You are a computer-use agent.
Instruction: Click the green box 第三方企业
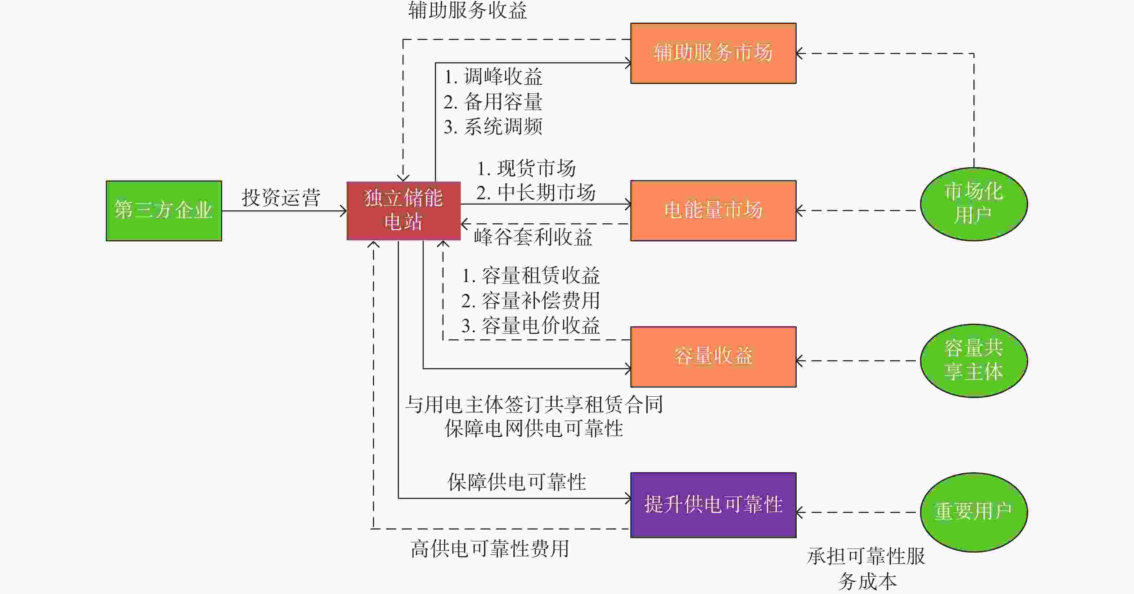tap(164, 210)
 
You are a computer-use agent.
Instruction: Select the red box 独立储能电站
tap(404, 210)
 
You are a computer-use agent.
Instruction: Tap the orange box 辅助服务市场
tap(713, 53)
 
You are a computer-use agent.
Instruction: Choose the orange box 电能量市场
tap(713, 210)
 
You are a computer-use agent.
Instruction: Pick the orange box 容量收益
tap(713, 357)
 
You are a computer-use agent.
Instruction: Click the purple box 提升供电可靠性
tap(713, 505)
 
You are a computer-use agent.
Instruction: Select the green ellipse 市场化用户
tap(974, 204)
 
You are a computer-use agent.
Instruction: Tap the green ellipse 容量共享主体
tap(974, 361)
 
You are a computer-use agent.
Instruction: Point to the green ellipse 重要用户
tap(974, 512)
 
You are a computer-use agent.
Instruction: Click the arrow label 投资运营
tap(281, 198)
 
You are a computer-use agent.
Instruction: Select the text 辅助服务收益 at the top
tap(468, 10)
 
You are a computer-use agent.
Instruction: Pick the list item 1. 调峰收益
tap(493, 77)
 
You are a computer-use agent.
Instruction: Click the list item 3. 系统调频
tap(493, 127)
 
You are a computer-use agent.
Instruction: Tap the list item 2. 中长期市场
tap(536, 193)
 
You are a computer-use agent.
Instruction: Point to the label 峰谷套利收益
tap(533, 237)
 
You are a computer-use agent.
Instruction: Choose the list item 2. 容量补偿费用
tap(531, 301)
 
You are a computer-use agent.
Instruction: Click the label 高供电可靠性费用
tap(490, 549)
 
